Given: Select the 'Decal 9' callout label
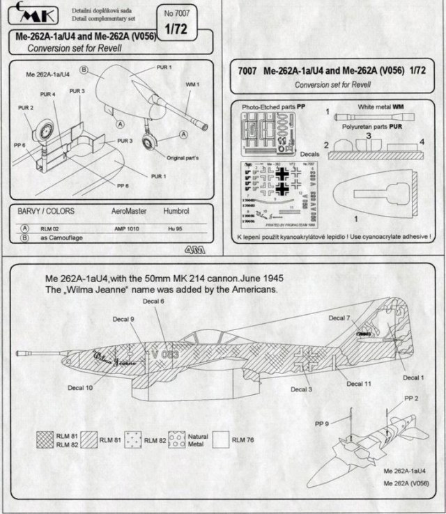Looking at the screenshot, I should click(x=123, y=319).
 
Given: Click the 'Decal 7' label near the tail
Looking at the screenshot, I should click(x=338, y=317).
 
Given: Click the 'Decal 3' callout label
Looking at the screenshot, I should click(x=302, y=389).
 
